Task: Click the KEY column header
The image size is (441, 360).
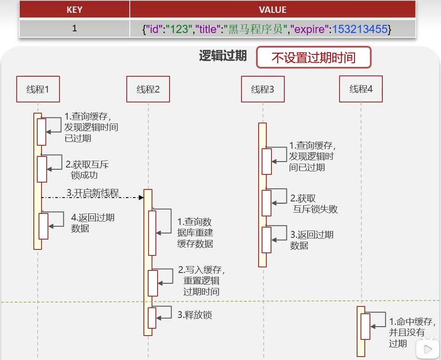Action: [74, 9]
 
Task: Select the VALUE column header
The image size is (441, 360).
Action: [273, 9]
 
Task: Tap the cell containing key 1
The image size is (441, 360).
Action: [74, 29]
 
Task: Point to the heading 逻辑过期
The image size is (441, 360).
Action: [223, 56]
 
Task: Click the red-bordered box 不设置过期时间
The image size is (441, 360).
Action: [313, 57]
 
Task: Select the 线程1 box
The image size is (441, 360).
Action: [38, 89]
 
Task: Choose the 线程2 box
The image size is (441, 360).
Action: [148, 89]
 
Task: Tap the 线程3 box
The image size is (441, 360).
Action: [262, 89]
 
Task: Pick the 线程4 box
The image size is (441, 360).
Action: [361, 89]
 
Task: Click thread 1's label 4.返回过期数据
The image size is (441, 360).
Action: [92, 223]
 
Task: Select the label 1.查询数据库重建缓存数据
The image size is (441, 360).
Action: [195, 233]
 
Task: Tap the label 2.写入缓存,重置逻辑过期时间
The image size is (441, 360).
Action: [202, 281]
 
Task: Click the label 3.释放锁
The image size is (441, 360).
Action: [195, 315]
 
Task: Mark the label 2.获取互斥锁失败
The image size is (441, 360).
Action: [314, 204]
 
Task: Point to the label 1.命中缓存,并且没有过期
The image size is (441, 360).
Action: [412, 332]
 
